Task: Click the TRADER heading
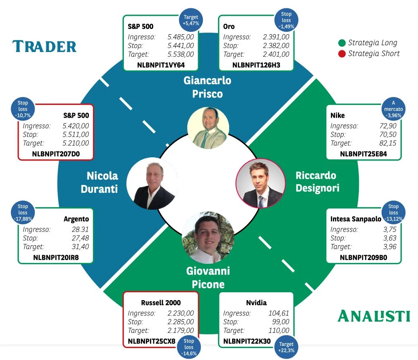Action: pyautogui.click(x=45, y=46)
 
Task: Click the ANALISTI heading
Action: pyautogui.click(x=374, y=316)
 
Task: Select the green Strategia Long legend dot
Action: pyautogui.click(x=342, y=43)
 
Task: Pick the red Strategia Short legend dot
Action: pyautogui.click(x=342, y=54)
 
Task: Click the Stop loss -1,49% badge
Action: pyautogui.click(x=286, y=20)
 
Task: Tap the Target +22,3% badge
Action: pyautogui.click(x=286, y=347)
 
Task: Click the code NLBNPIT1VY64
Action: pyautogui.click(x=161, y=64)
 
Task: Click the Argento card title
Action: pyautogui.click(x=76, y=219)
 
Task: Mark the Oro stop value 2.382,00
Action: pyautogui.click(x=276, y=45)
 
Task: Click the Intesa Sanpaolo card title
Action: pyautogui.click(x=356, y=219)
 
